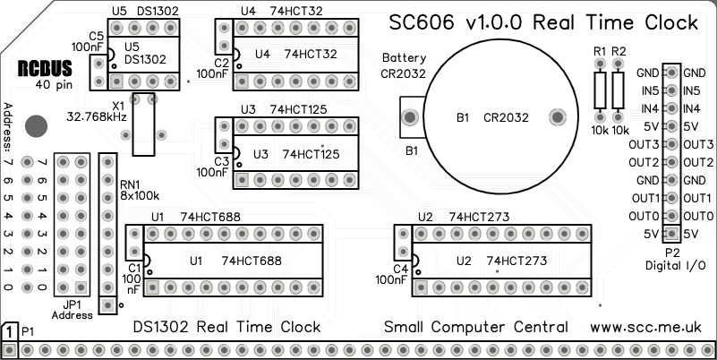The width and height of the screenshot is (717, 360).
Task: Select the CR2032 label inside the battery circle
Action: pos(506,117)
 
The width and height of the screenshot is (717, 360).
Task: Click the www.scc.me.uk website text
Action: pos(653,327)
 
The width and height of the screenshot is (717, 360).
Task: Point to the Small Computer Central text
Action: pos(475,327)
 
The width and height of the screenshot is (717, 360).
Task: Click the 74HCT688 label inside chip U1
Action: pos(252,261)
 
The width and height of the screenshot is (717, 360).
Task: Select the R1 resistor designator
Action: pos(599,50)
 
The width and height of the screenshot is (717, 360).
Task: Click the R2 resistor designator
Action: pos(619,50)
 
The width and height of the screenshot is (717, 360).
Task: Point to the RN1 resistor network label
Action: pos(131,184)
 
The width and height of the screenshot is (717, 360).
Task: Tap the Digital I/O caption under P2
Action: pos(675,266)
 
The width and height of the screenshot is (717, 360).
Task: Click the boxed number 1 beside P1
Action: pos(9,331)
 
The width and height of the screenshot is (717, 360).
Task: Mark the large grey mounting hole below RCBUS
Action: pos(36,125)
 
